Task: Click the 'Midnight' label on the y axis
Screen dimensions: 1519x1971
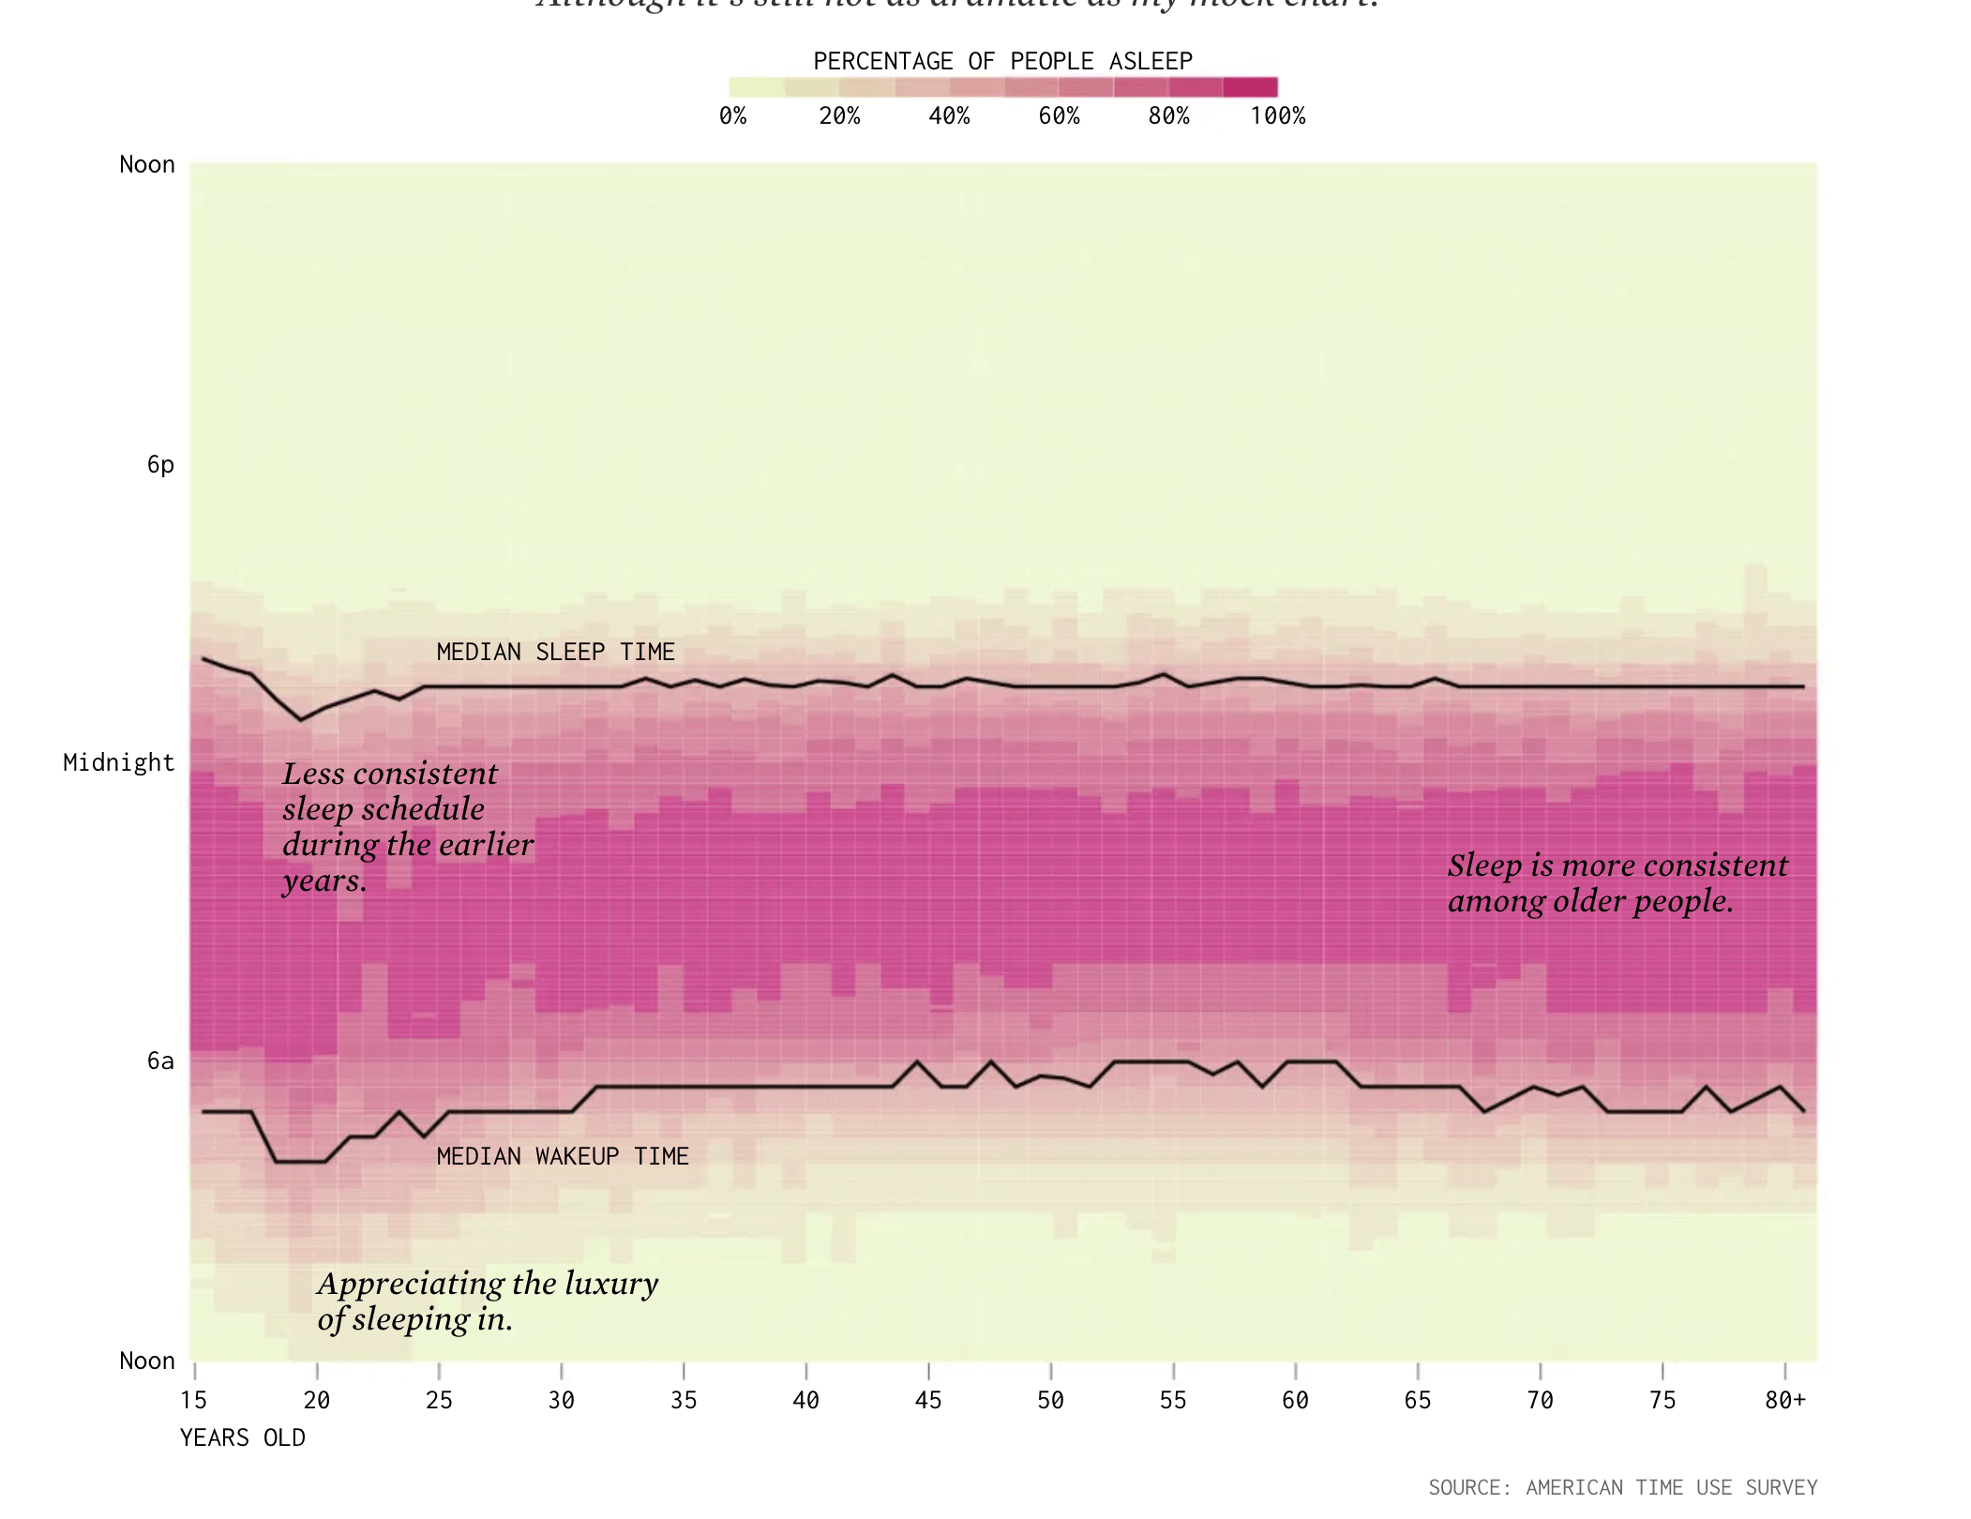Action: point(118,762)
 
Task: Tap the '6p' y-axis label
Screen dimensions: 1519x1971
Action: point(160,464)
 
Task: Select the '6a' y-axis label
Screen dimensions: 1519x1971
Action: point(160,1060)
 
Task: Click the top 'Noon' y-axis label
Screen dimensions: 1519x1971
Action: point(146,165)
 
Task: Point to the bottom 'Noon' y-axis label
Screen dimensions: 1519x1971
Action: point(146,1361)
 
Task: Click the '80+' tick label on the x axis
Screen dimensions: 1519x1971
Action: point(1784,1400)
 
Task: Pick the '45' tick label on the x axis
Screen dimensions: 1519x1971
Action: point(927,1400)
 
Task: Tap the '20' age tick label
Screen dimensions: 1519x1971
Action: point(316,1400)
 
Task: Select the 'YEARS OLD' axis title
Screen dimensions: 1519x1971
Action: point(242,1437)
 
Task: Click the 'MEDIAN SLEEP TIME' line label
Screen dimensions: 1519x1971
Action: point(555,652)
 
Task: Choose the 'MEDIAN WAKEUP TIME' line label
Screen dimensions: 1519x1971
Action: point(563,1156)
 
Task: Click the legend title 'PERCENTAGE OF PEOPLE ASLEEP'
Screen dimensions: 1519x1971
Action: point(1002,61)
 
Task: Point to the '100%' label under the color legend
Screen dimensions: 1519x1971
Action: point(1277,116)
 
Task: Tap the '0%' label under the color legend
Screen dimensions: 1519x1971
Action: point(732,116)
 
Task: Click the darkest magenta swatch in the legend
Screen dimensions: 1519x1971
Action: point(1250,87)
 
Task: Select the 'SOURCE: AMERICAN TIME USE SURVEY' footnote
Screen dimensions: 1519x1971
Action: point(1622,1487)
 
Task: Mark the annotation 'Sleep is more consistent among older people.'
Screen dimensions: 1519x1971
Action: point(1617,882)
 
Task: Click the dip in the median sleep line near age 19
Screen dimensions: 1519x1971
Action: point(300,719)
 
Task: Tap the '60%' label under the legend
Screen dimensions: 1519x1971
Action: point(1059,116)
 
